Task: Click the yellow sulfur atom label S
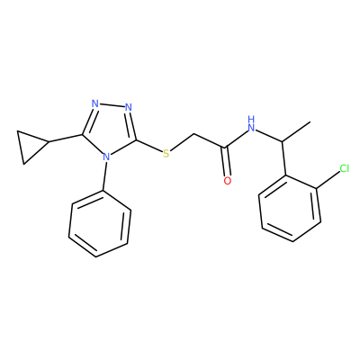[166, 154]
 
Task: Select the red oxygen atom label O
[228, 181]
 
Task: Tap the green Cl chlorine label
[345, 168]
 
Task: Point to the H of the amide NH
[251, 119]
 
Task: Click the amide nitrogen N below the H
[251, 128]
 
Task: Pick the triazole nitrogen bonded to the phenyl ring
[105, 157]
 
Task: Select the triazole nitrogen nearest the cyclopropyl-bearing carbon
[95, 104]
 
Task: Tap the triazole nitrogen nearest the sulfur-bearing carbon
[129, 107]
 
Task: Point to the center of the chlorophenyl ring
[290, 208]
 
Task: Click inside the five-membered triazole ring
[109, 129]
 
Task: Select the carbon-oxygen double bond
[227, 161]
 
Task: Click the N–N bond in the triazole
[112, 105]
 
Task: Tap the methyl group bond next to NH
[296, 131]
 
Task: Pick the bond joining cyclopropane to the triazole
[66, 139]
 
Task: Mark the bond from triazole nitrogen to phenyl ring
[103, 176]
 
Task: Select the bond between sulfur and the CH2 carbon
[182, 142]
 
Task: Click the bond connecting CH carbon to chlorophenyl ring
[283, 158]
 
